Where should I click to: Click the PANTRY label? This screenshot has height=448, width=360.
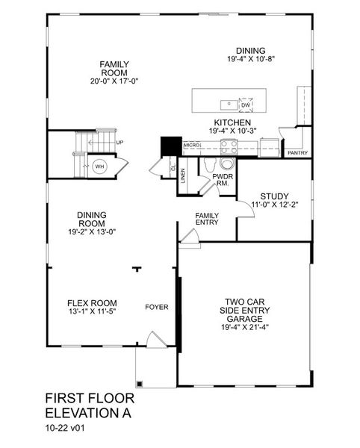pos(297,152)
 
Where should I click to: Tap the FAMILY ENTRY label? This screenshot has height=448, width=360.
pos(207,218)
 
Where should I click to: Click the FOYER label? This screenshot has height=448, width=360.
pos(157,307)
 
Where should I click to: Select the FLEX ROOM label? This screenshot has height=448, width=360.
pos(93,302)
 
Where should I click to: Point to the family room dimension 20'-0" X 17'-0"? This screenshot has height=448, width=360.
pos(115,81)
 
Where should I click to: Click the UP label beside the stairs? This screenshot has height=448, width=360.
pos(120,143)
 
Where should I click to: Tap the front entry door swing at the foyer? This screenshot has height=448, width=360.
pos(155,341)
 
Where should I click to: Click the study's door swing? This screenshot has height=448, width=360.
pos(245,210)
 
